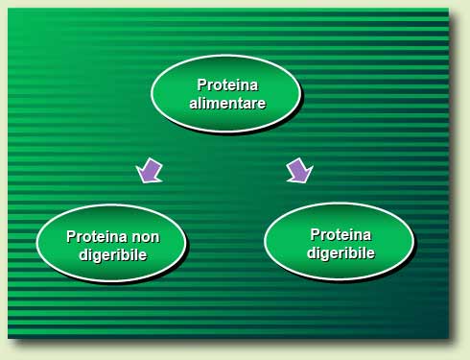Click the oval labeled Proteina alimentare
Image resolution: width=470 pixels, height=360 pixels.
point(226,93)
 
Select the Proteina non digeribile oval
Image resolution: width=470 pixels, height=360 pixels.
point(111,244)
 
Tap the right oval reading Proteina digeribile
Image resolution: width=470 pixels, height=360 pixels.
point(339,242)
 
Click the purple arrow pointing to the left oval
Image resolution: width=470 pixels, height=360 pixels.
point(150,171)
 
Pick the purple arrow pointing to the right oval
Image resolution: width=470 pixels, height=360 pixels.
point(299,171)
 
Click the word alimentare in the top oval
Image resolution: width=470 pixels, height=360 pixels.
point(227,103)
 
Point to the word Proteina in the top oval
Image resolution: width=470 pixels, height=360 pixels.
point(227,84)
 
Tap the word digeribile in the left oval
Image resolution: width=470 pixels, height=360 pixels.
point(112,254)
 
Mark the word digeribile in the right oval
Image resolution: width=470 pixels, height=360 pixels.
point(341,252)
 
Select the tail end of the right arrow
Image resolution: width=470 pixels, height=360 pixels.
point(292,161)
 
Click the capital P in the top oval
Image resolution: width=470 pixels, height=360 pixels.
point(201,84)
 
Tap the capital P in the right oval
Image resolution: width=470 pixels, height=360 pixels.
point(315,234)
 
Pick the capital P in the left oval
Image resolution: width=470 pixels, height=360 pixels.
point(71,236)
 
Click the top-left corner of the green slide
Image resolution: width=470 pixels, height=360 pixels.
point(10,11)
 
